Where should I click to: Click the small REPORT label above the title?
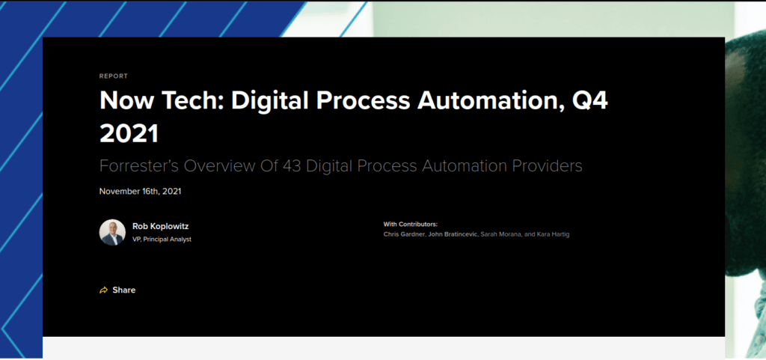click(114, 76)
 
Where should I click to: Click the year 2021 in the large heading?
click(129, 133)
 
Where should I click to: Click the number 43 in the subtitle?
click(292, 166)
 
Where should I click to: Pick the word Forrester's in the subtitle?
click(139, 166)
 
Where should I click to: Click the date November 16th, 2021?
click(140, 192)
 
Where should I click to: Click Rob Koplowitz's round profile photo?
click(112, 232)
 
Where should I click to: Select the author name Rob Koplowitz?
click(160, 227)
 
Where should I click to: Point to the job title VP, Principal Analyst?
click(162, 240)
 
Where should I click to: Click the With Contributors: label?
click(411, 225)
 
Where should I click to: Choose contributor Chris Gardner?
click(404, 234)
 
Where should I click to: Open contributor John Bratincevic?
click(453, 234)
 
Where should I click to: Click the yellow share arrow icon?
click(103, 290)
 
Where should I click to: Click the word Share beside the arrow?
click(124, 290)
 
